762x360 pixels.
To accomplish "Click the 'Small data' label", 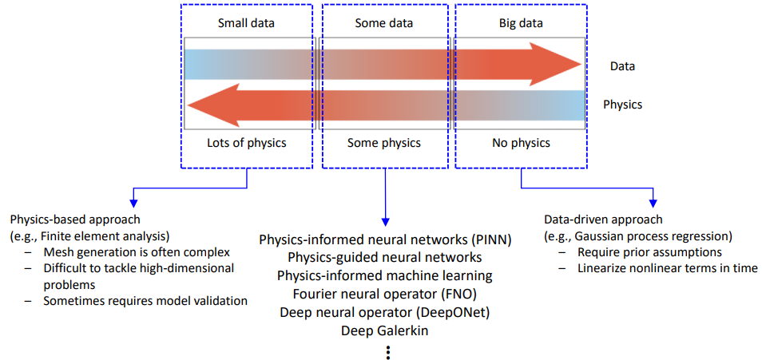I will pos(246,23).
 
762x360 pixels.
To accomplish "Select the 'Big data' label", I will pos(520,23).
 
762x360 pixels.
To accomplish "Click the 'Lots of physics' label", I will pos(246,144).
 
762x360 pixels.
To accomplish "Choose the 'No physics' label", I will pos(520,144).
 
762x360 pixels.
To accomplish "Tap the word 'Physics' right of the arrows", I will pos(622,104).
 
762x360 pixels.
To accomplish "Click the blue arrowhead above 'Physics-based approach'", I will pos(134,200).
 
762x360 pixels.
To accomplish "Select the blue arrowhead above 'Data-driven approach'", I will pos(653,200).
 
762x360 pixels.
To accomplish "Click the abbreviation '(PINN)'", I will pos(490,239).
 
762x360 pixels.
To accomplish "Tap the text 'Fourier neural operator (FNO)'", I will pos(385,294).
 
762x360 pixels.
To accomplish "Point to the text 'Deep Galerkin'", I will pos(385,330).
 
